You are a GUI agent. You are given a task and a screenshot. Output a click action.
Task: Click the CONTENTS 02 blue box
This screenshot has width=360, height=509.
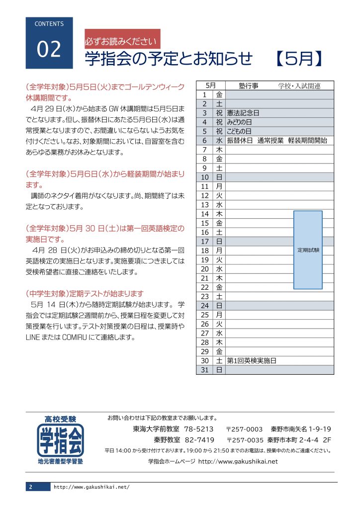click(49, 43)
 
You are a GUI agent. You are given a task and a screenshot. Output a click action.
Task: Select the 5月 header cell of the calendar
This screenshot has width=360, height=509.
click(210, 85)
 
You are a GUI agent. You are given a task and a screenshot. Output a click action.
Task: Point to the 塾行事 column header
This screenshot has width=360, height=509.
click(248, 85)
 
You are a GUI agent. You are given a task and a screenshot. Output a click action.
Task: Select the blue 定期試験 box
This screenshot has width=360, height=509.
click(308, 250)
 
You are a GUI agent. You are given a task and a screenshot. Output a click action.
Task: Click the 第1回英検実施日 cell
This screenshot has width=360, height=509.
click(251, 361)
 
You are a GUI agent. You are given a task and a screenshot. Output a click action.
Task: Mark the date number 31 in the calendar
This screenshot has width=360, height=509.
click(204, 370)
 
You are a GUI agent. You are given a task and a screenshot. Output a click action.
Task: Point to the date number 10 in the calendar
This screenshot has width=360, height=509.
click(204, 177)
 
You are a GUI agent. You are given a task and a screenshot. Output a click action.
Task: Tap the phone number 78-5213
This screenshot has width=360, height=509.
click(198, 429)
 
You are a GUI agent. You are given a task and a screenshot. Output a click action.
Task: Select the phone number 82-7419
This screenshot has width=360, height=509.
click(199, 440)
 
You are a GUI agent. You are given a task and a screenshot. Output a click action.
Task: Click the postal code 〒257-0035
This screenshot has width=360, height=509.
click(245, 440)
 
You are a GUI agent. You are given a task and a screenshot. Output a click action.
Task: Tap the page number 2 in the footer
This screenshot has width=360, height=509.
click(31, 487)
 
